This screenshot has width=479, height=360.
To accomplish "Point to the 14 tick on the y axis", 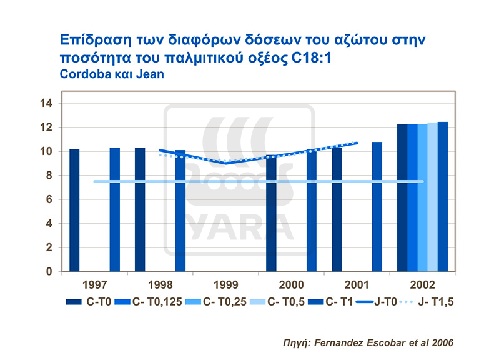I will click(49, 104).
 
